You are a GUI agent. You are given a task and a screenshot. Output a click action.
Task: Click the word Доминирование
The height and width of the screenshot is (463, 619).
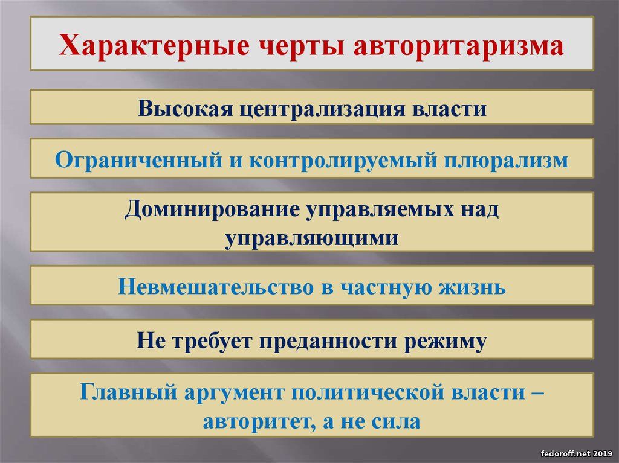point(212,209)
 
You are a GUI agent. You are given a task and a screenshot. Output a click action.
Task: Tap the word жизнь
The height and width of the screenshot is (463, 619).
point(472,287)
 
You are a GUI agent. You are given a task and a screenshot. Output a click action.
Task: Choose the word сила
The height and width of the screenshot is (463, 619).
point(395,421)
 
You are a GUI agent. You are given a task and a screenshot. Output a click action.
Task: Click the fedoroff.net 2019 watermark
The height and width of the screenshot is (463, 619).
point(576,453)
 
